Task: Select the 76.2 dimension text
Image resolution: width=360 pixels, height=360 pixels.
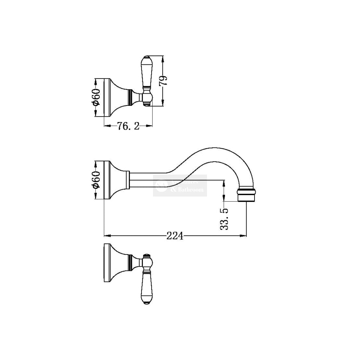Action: click(x=129, y=126)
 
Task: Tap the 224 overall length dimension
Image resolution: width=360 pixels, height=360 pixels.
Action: click(x=175, y=236)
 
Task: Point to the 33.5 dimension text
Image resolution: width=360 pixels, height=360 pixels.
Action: click(x=224, y=218)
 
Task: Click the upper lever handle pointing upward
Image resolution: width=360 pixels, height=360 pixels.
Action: click(x=147, y=74)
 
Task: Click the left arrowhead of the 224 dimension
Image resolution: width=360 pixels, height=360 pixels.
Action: click(x=106, y=236)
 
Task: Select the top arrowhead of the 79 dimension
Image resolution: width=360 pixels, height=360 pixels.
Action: click(x=163, y=58)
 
